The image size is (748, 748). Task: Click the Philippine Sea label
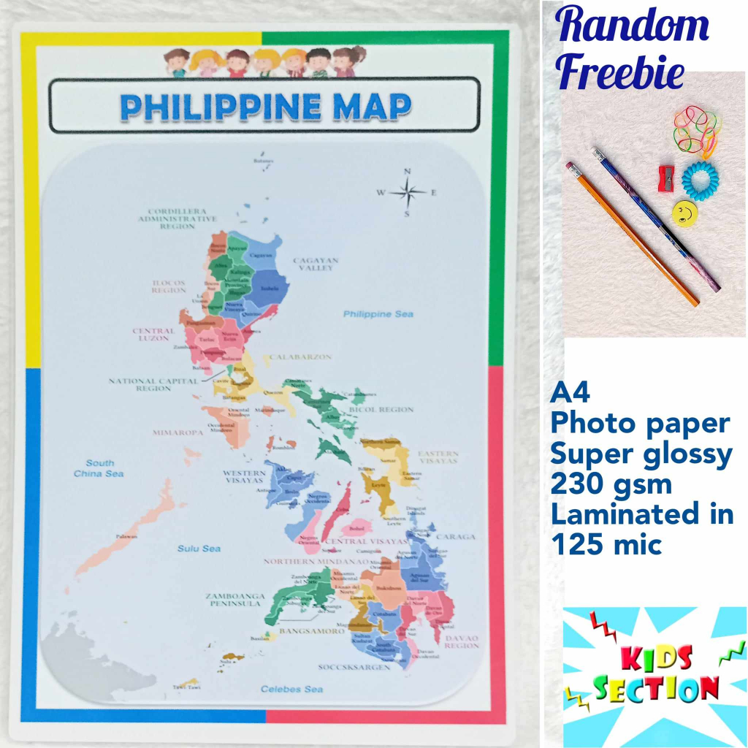pos(378,314)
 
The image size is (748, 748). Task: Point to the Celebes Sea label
pos(292,689)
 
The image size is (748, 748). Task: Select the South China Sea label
pos(99,468)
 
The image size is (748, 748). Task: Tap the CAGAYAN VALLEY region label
pos(316,264)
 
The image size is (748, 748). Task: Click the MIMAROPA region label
pos(178,432)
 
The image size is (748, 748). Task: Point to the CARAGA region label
pos(455,537)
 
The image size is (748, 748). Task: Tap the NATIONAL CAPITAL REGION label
pos(153,384)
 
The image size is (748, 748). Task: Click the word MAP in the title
pos(372,107)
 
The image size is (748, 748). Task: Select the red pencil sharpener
pos(665,175)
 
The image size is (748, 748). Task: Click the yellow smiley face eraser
pos(684,213)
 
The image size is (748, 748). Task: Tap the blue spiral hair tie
pos(700,178)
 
